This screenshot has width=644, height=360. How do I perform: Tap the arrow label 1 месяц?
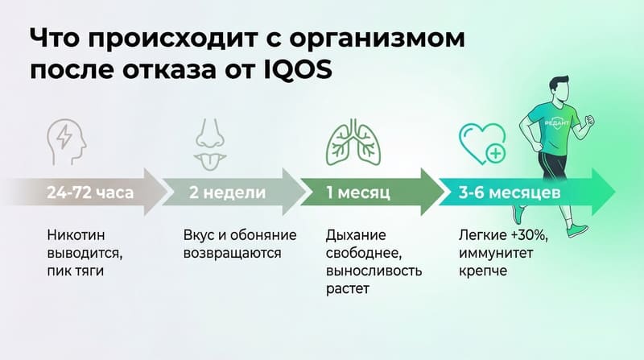coord(358,194)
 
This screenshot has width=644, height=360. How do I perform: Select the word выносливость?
coord(374,271)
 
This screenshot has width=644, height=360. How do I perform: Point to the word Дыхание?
coord(357,236)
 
